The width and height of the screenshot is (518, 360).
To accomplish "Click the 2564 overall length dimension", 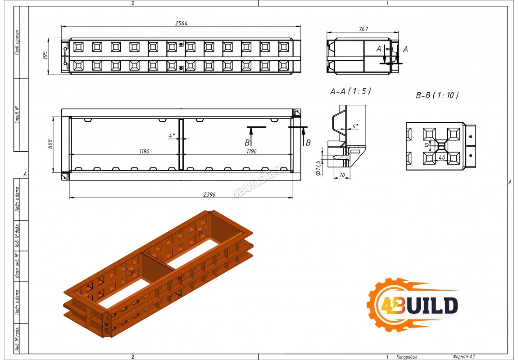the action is click(x=182, y=23).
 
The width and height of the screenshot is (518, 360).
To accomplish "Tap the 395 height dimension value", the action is click(x=45, y=55).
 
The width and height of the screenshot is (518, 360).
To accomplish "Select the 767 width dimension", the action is click(x=364, y=29).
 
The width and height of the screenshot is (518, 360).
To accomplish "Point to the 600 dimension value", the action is click(x=50, y=144).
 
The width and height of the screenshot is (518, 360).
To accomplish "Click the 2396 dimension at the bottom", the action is click(x=209, y=195).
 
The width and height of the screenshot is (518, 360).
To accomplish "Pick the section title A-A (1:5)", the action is click(x=350, y=91).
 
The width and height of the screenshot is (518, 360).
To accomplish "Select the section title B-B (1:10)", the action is click(x=437, y=95).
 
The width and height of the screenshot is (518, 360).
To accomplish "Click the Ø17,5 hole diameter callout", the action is click(x=318, y=168).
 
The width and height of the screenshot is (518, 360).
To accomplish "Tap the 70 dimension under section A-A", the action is click(x=342, y=175).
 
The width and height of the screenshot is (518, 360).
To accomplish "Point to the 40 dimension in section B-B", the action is click(x=442, y=158).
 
